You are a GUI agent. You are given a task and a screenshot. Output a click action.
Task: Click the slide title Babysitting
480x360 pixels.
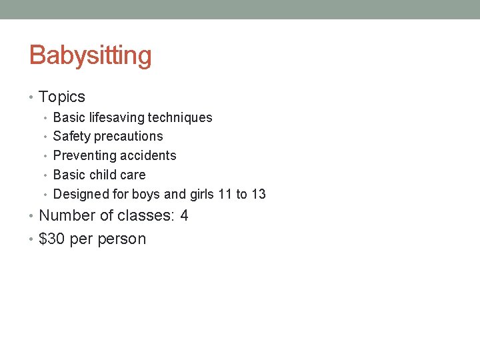(90, 55)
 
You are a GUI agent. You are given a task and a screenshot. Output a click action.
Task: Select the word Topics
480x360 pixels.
(62, 97)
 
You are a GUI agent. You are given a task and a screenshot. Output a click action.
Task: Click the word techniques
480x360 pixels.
(180, 118)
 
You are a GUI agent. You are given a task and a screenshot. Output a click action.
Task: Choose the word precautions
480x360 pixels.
(129, 137)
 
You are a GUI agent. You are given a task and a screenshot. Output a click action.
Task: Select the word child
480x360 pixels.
(103, 175)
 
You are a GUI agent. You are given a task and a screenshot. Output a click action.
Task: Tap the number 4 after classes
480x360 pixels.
(184, 216)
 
